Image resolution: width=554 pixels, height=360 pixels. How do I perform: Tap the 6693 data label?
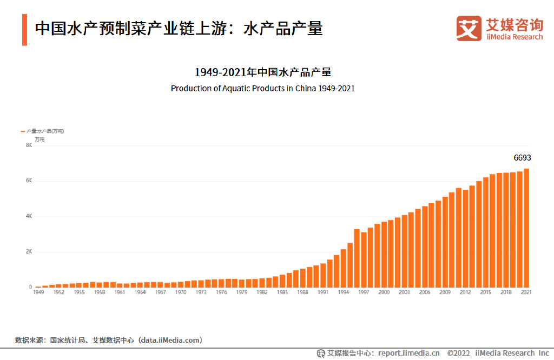pos(522,158)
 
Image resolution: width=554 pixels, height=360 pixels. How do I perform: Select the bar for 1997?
pos(364,260)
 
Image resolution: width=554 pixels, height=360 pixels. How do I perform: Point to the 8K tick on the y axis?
pos(29,145)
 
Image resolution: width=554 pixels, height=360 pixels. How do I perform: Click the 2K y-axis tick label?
pos(29,252)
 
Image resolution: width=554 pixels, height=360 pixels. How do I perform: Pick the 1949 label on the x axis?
pos(38,292)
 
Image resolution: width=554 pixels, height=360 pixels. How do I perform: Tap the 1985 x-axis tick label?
pos(282,292)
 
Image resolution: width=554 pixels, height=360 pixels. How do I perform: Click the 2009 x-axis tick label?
pos(445,292)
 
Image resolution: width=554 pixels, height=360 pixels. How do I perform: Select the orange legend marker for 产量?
pos(23,131)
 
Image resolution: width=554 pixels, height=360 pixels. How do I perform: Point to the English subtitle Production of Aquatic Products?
pos(262,88)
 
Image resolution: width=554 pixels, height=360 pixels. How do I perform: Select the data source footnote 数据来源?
pos(109,340)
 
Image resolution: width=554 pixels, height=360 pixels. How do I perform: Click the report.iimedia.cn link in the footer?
pos(408,353)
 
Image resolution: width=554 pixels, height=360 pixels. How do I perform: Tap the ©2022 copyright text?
pos(459,353)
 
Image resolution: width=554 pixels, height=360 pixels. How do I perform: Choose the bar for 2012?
pos(465,238)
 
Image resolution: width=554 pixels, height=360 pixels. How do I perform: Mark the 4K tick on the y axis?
pos(29,216)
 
